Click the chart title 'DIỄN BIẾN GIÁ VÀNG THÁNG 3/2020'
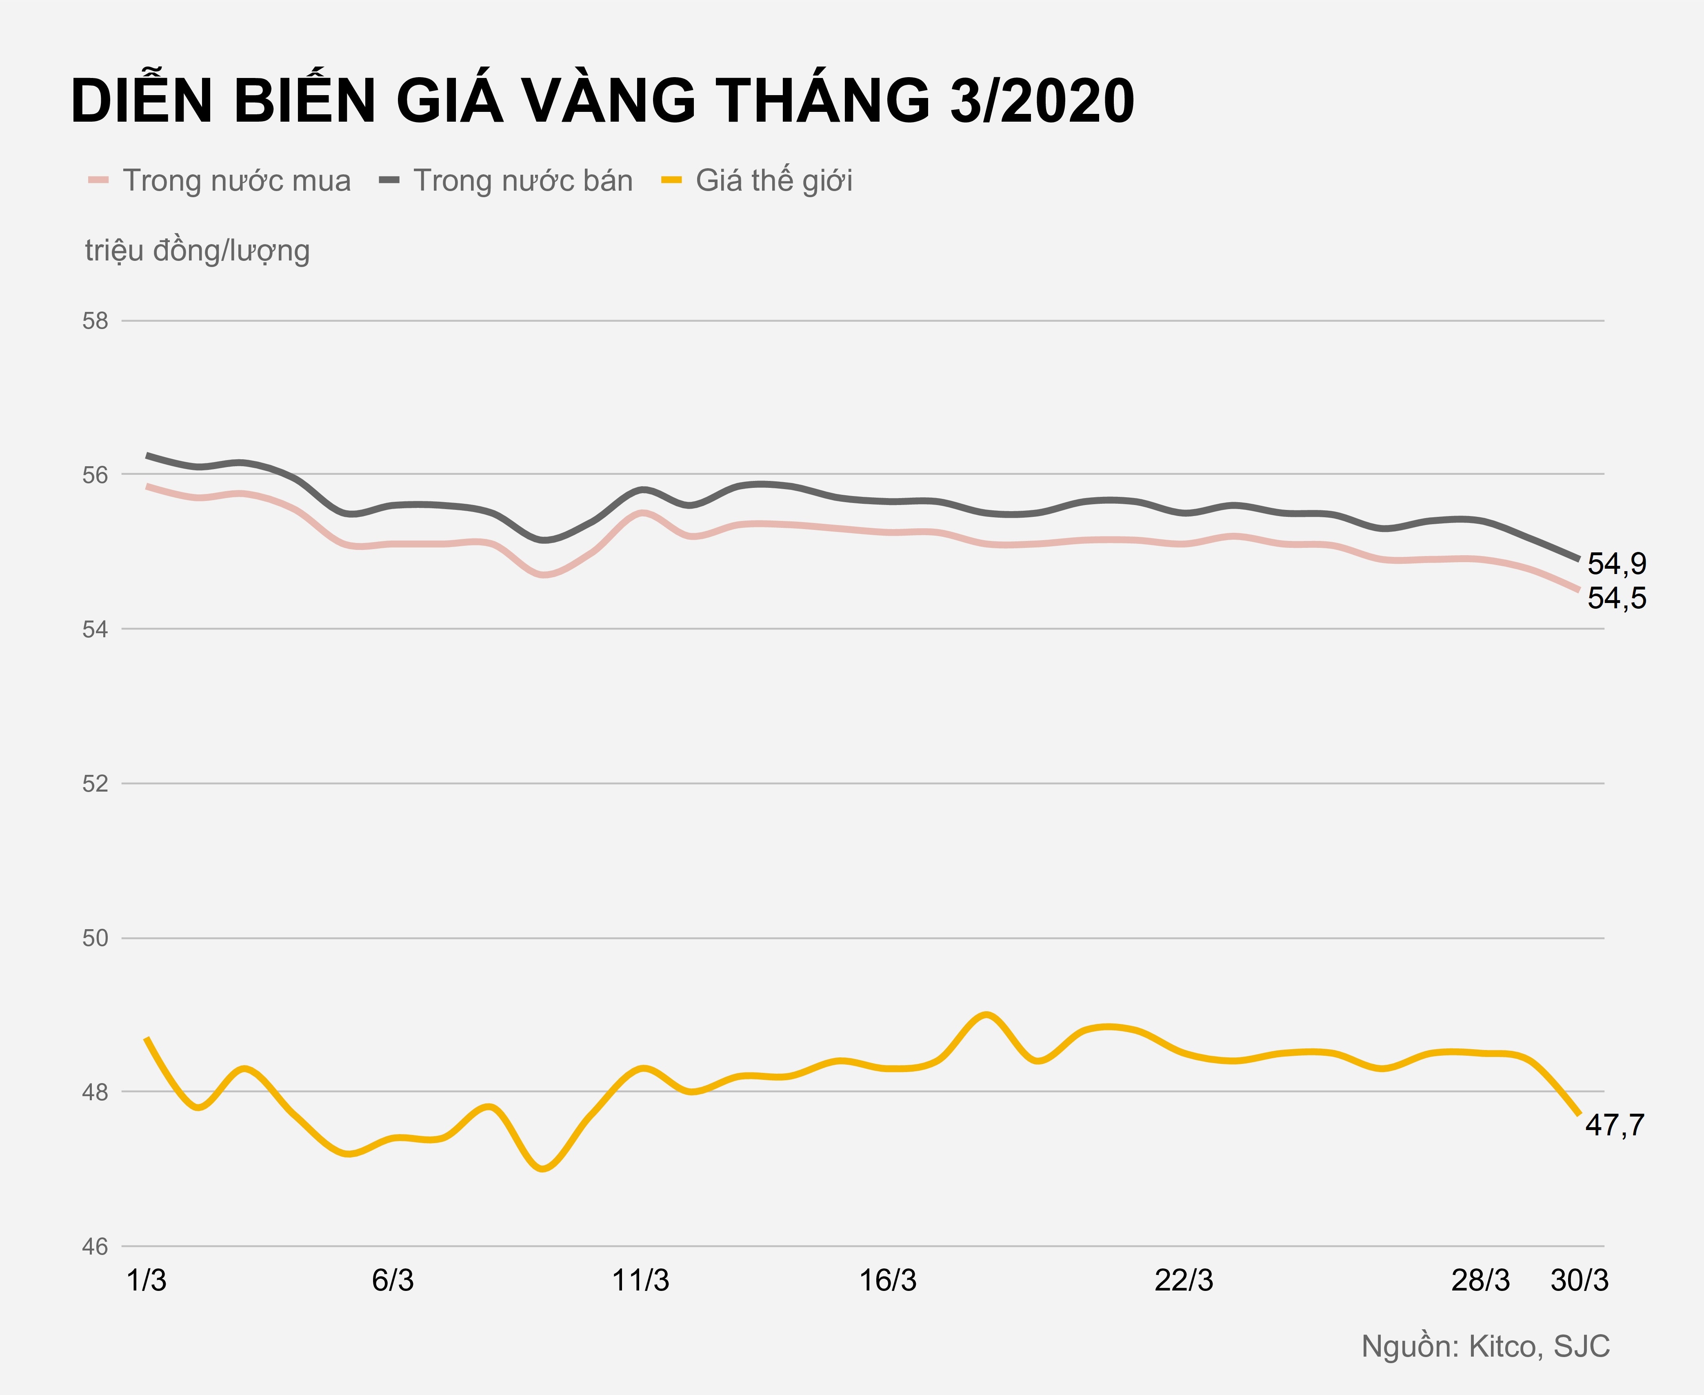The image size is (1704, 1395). pos(602,102)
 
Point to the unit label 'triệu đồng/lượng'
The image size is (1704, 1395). pos(198,251)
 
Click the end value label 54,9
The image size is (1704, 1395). pos(1616,564)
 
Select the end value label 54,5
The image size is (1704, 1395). pos(1616,598)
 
